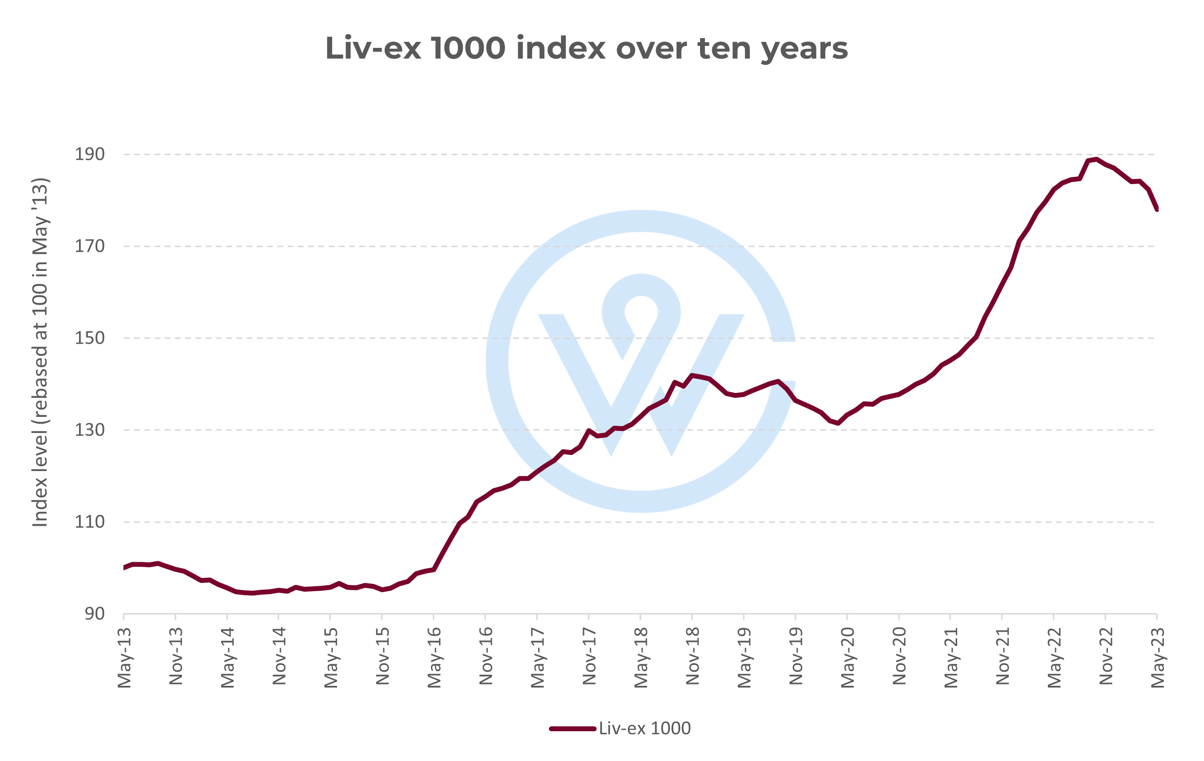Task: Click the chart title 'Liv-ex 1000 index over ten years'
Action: tap(586, 48)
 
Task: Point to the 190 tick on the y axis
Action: tap(90, 154)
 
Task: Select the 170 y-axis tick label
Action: tap(90, 246)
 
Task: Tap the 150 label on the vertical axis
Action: tap(90, 338)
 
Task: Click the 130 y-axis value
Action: tap(90, 430)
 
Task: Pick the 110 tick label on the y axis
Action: tap(90, 522)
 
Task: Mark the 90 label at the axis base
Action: tap(95, 614)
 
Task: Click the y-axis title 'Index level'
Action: tap(40, 352)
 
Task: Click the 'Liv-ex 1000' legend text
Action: tap(644, 728)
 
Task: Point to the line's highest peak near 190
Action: tap(1097, 159)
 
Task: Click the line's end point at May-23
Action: tap(1157, 209)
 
